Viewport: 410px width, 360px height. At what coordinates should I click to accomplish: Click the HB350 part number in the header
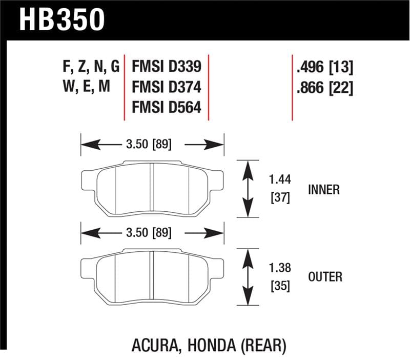click(x=62, y=20)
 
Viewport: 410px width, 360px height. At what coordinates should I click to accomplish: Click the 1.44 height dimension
click(x=280, y=180)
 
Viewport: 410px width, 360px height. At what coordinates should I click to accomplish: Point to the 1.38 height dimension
click(x=280, y=268)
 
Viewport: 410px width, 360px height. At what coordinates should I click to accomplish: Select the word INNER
click(x=323, y=189)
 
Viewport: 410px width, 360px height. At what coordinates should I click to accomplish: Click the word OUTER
click(x=325, y=277)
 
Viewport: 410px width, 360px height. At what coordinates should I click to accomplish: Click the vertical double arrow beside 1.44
click(x=248, y=189)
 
